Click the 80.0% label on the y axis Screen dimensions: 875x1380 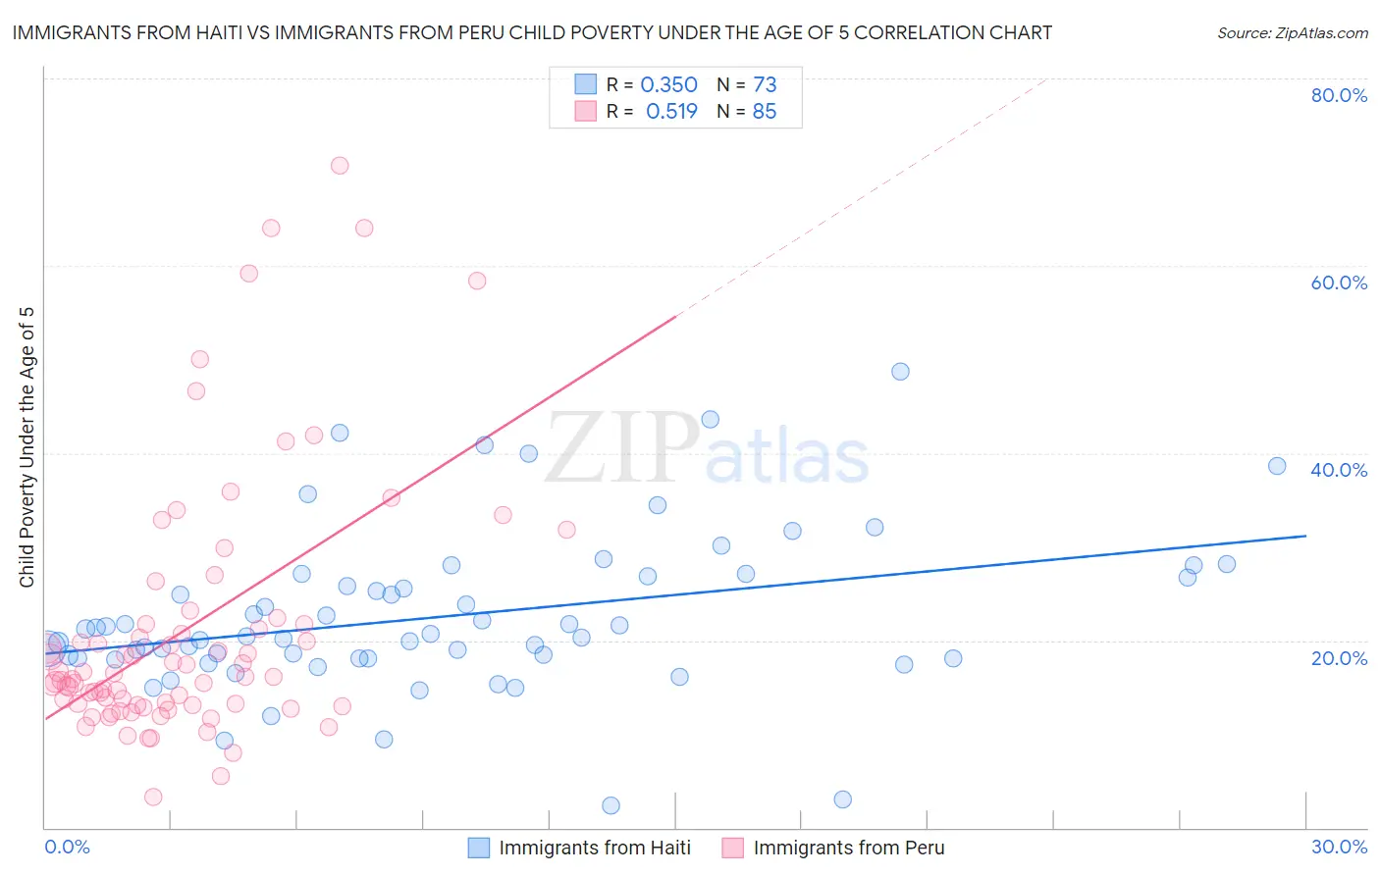[1339, 95]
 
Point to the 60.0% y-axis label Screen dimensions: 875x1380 [1339, 283]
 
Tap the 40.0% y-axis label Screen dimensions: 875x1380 [1339, 470]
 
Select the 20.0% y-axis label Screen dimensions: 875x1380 [1339, 658]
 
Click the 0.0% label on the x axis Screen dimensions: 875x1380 [67, 847]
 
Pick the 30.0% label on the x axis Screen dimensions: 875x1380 [1339, 847]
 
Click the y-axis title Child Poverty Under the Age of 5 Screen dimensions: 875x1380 [27, 447]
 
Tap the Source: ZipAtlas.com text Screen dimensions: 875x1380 [1292, 32]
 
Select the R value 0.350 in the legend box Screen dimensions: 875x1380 [668, 85]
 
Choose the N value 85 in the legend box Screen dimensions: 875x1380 [764, 112]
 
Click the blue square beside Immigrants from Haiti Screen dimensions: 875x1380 [478, 848]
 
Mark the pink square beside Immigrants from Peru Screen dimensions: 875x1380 [732, 848]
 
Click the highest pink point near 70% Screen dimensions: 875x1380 [340, 165]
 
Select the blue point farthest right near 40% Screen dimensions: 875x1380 [1277, 466]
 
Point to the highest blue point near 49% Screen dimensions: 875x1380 [900, 372]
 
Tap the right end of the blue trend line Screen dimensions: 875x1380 [1304, 536]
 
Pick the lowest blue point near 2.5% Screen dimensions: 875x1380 [610, 805]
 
